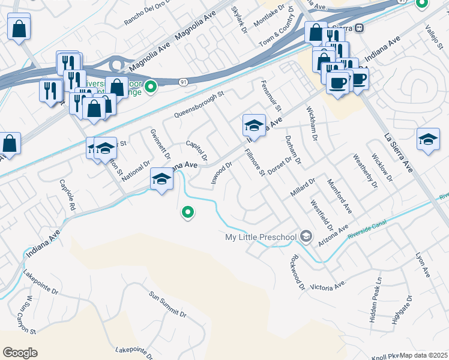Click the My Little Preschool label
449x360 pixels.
click(x=261, y=237)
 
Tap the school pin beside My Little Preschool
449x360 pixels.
click(x=306, y=237)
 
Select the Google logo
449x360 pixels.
click(x=20, y=353)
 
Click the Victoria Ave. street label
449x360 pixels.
click(x=328, y=286)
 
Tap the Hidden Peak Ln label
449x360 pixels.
click(x=376, y=301)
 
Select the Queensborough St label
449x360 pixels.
click(x=199, y=104)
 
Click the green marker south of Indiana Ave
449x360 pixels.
click(x=188, y=212)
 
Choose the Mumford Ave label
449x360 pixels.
click(x=340, y=196)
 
